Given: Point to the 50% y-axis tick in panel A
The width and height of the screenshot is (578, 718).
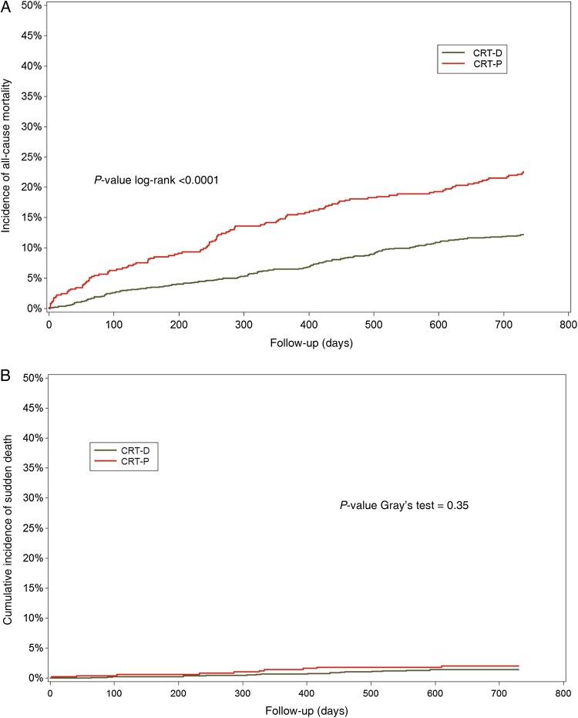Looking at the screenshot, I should point(31,5).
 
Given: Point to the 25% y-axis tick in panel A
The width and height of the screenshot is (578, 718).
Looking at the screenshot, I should point(31,157).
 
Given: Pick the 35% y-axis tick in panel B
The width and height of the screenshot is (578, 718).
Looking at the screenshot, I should point(31,467).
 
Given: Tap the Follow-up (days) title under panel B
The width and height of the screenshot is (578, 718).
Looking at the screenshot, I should point(306,711).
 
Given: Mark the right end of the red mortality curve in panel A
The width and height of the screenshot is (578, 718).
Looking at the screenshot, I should point(523,172).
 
